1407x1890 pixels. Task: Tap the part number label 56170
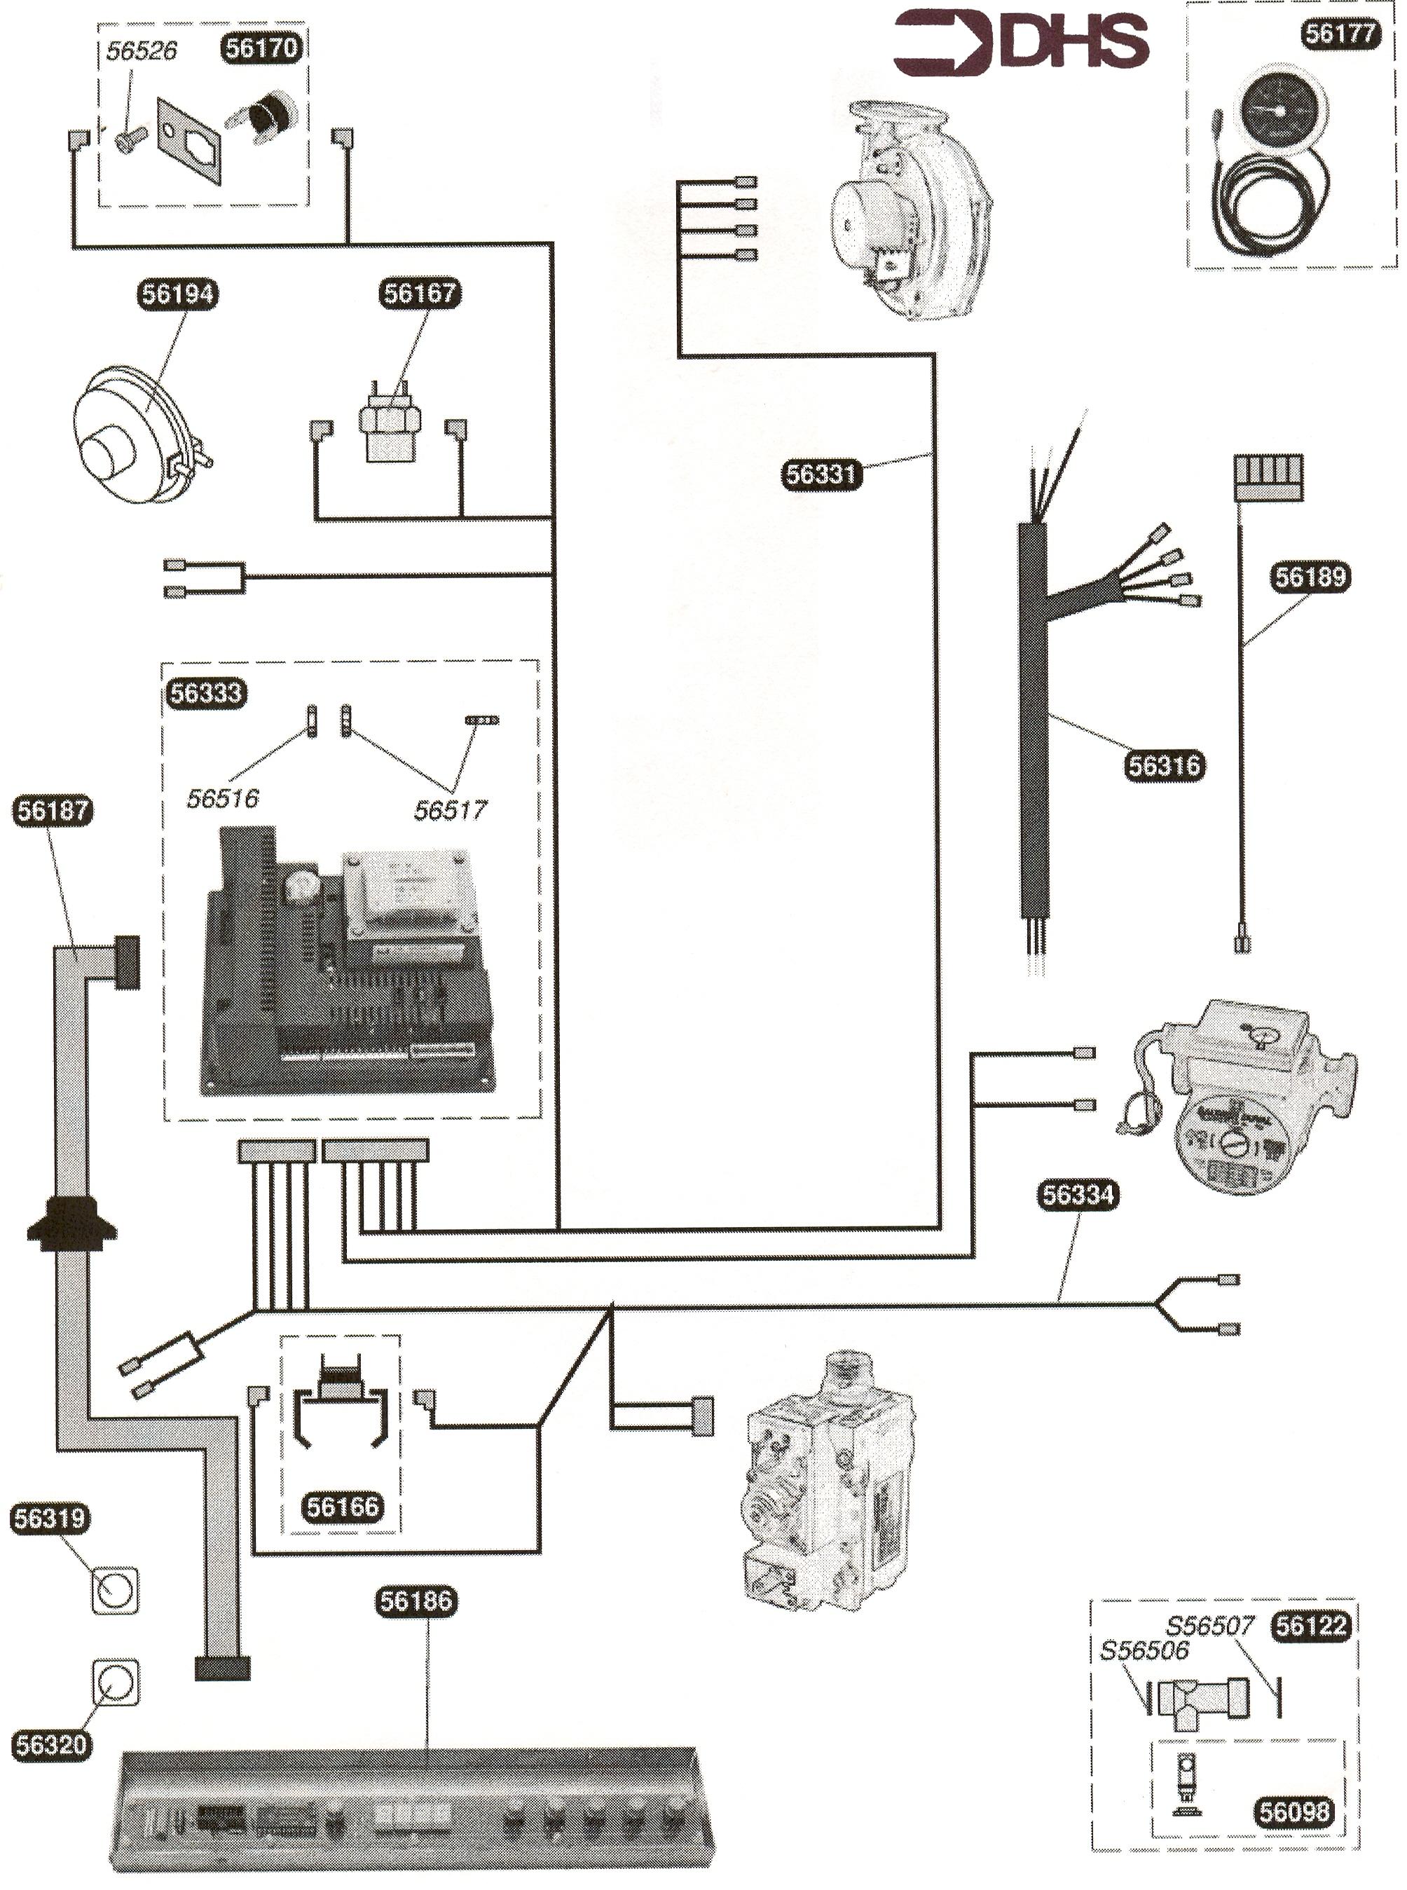coord(261,48)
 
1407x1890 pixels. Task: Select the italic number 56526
coord(142,51)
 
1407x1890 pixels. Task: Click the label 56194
coord(178,294)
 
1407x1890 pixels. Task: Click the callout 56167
coord(420,294)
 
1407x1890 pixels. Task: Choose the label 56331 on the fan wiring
coord(821,474)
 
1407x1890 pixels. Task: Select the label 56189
coord(1310,577)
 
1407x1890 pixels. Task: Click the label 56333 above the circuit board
coord(205,693)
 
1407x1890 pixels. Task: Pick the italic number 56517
coord(450,810)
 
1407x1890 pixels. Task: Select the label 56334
coord(1078,1195)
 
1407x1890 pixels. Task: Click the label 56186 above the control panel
coord(416,1601)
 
